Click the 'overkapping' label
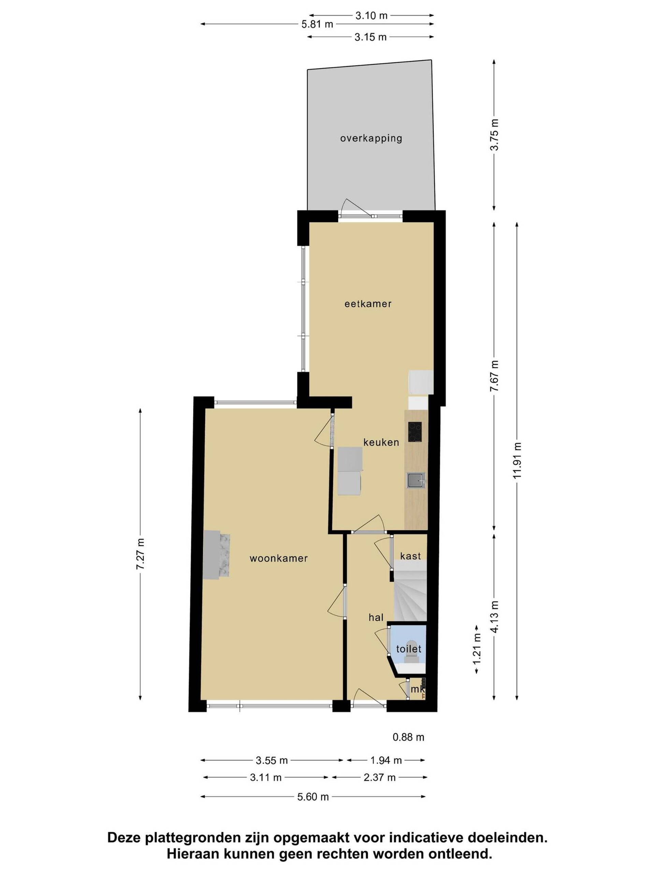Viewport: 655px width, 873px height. pyautogui.click(x=371, y=138)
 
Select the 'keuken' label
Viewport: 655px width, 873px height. pyautogui.click(x=381, y=442)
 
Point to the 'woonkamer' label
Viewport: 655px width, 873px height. pyautogui.click(x=278, y=559)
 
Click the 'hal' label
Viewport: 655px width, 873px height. pyautogui.click(x=376, y=617)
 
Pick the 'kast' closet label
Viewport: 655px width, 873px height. pyautogui.click(x=410, y=556)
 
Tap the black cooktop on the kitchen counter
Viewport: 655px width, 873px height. pyautogui.click(x=414, y=432)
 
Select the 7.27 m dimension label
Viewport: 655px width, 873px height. pyautogui.click(x=141, y=554)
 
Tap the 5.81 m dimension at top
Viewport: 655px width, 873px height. pyautogui.click(x=317, y=25)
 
